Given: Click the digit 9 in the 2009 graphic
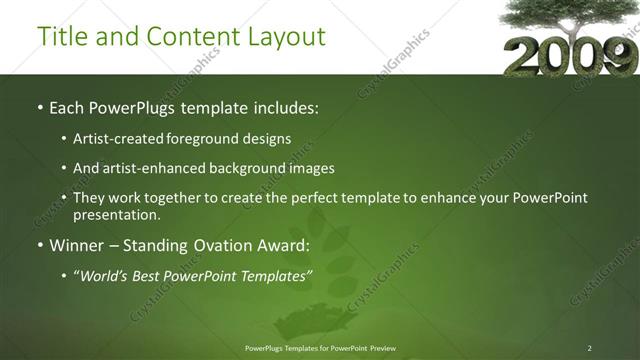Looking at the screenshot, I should pyautogui.click(x=613, y=56).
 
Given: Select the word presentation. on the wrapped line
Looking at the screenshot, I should pyautogui.click(x=117, y=214).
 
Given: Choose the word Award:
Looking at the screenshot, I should pyautogui.click(x=285, y=245).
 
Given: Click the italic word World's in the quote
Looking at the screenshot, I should pyautogui.click(x=105, y=275).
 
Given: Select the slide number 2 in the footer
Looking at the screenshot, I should pyautogui.click(x=589, y=347).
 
